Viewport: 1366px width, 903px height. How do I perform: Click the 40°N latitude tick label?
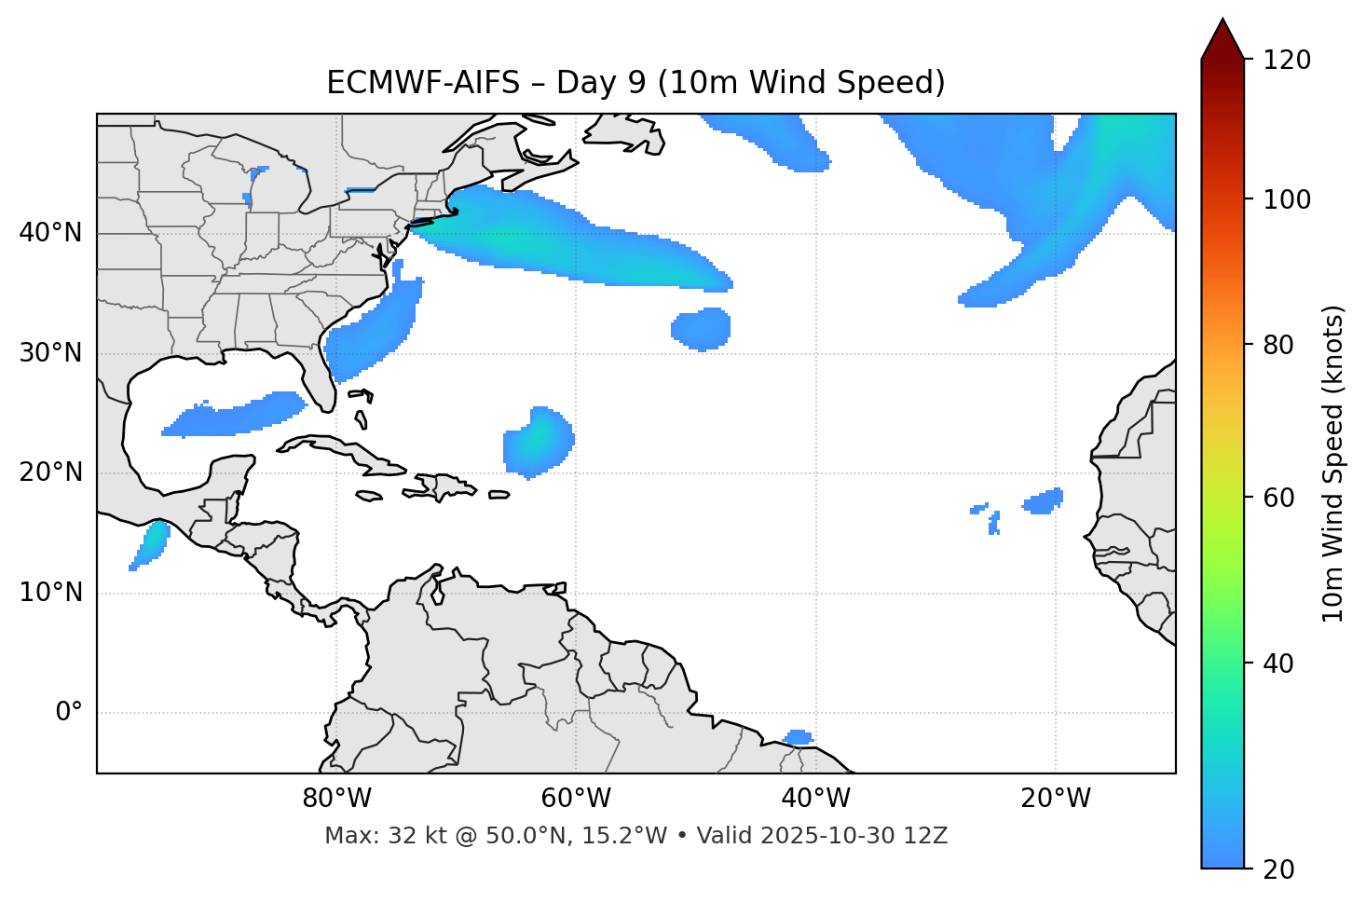[50, 233]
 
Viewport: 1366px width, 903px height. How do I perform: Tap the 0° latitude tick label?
[68, 713]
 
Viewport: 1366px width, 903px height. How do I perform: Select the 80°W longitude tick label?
[336, 799]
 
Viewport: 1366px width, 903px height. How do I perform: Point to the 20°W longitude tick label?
[1056, 799]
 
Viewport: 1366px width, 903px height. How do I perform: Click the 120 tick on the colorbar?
[1287, 61]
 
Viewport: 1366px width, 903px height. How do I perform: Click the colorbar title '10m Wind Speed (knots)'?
[1333, 463]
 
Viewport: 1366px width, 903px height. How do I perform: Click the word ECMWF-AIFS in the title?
[423, 83]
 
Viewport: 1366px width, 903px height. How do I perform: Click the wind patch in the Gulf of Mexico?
[238, 416]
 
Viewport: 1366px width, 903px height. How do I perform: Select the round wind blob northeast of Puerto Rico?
[538, 442]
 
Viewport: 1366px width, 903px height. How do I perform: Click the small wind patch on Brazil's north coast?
[799, 737]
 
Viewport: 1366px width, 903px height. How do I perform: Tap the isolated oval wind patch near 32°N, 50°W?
[701, 328]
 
